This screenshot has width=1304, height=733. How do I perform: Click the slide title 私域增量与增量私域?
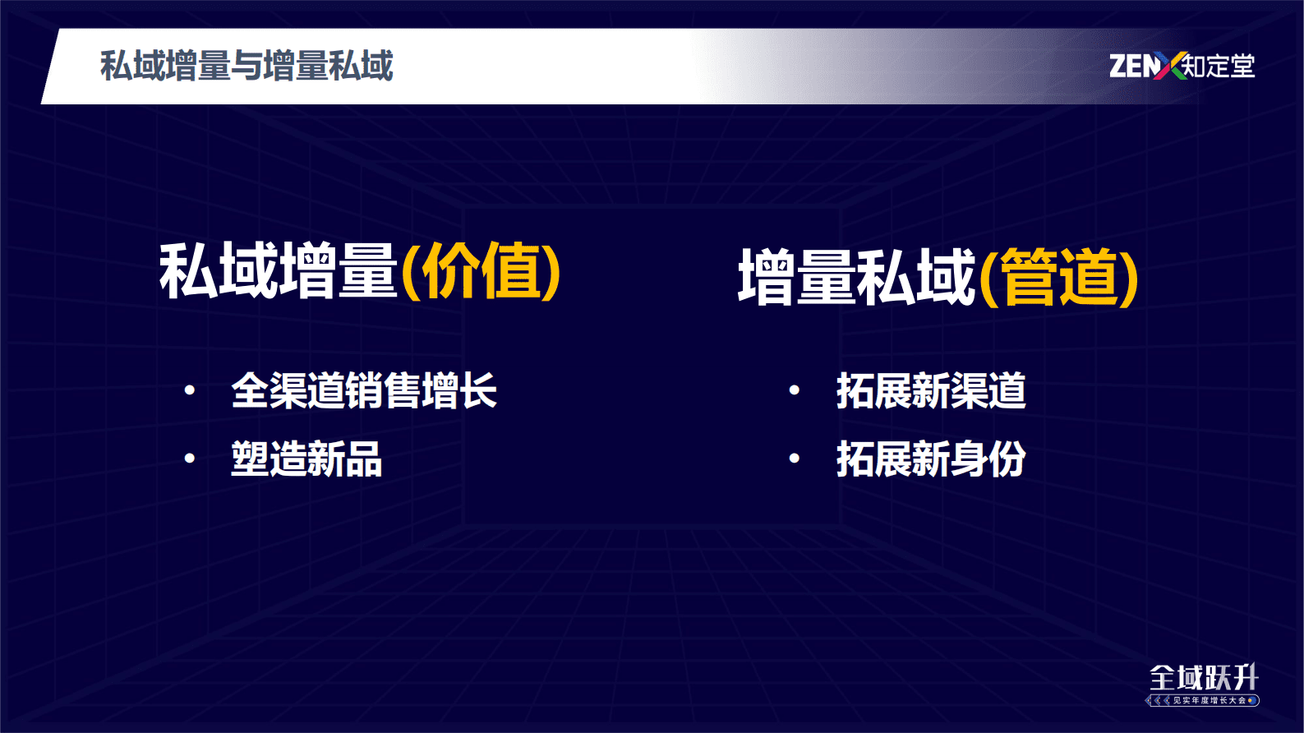pos(247,66)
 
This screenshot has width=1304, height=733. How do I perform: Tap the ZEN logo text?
pos(1132,66)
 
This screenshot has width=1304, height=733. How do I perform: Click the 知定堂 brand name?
pos(1219,66)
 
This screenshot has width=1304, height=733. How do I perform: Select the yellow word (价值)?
pos(482,271)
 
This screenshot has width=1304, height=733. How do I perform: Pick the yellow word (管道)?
pos(1059,278)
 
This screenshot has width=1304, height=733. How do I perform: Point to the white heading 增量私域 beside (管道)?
pos(857,278)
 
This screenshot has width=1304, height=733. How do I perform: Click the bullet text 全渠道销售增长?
pos(364,390)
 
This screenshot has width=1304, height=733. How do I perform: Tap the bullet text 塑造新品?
pos(306,459)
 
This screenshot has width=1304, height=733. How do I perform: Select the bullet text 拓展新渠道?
pos(931,390)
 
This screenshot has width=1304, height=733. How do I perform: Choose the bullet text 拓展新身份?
pos(931,459)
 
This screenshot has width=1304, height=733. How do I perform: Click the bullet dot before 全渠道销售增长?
pos(190,390)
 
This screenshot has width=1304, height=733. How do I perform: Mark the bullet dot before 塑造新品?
pos(190,459)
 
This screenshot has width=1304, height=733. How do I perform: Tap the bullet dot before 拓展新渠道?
pos(794,390)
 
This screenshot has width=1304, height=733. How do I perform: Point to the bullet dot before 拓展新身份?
pos(794,459)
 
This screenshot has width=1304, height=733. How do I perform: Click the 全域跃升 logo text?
pos(1204,678)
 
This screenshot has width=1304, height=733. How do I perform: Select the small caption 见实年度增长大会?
pos(1209,701)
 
